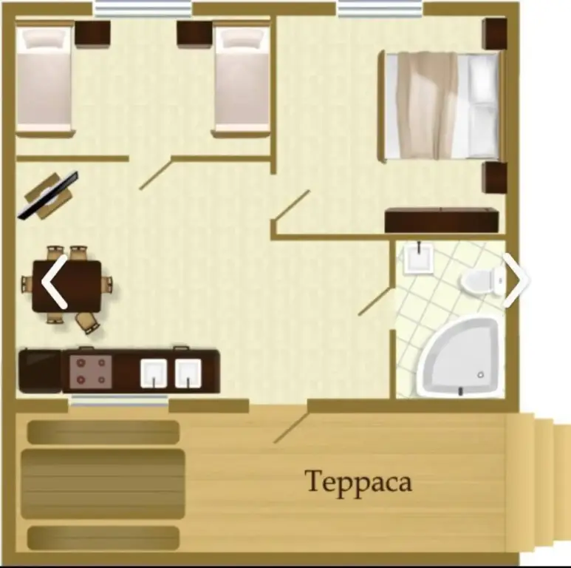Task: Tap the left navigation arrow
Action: pyautogui.click(x=54, y=282)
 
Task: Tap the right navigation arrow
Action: pyautogui.click(x=516, y=280)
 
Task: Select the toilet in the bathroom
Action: pyautogui.click(x=483, y=281)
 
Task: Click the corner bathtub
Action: pyautogui.click(x=459, y=358)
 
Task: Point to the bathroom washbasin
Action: pyautogui.click(x=418, y=258)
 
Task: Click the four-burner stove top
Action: pyautogui.click(x=91, y=371)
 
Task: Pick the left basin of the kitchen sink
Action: pyautogui.click(x=154, y=373)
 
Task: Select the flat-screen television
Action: pyautogui.click(x=48, y=195)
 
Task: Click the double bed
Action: pyautogui.click(x=442, y=106)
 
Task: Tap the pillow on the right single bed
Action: pyautogui.click(x=242, y=38)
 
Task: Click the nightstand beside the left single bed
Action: pyautogui.click(x=92, y=34)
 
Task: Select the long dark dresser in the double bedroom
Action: pyautogui.click(x=442, y=220)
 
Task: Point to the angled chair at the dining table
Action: pyautogui.click(x=87, y=322)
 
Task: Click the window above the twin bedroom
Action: pyautogui.click(x=143, y=9)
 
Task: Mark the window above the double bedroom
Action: pyautogui.click(x=380, y=9)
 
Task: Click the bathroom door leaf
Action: pyautogui.click(x=375, y=302)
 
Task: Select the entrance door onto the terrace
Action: pyautogui.click(x=291, y=427)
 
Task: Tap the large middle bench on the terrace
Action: pyautogui.click(x=103, y=484)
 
